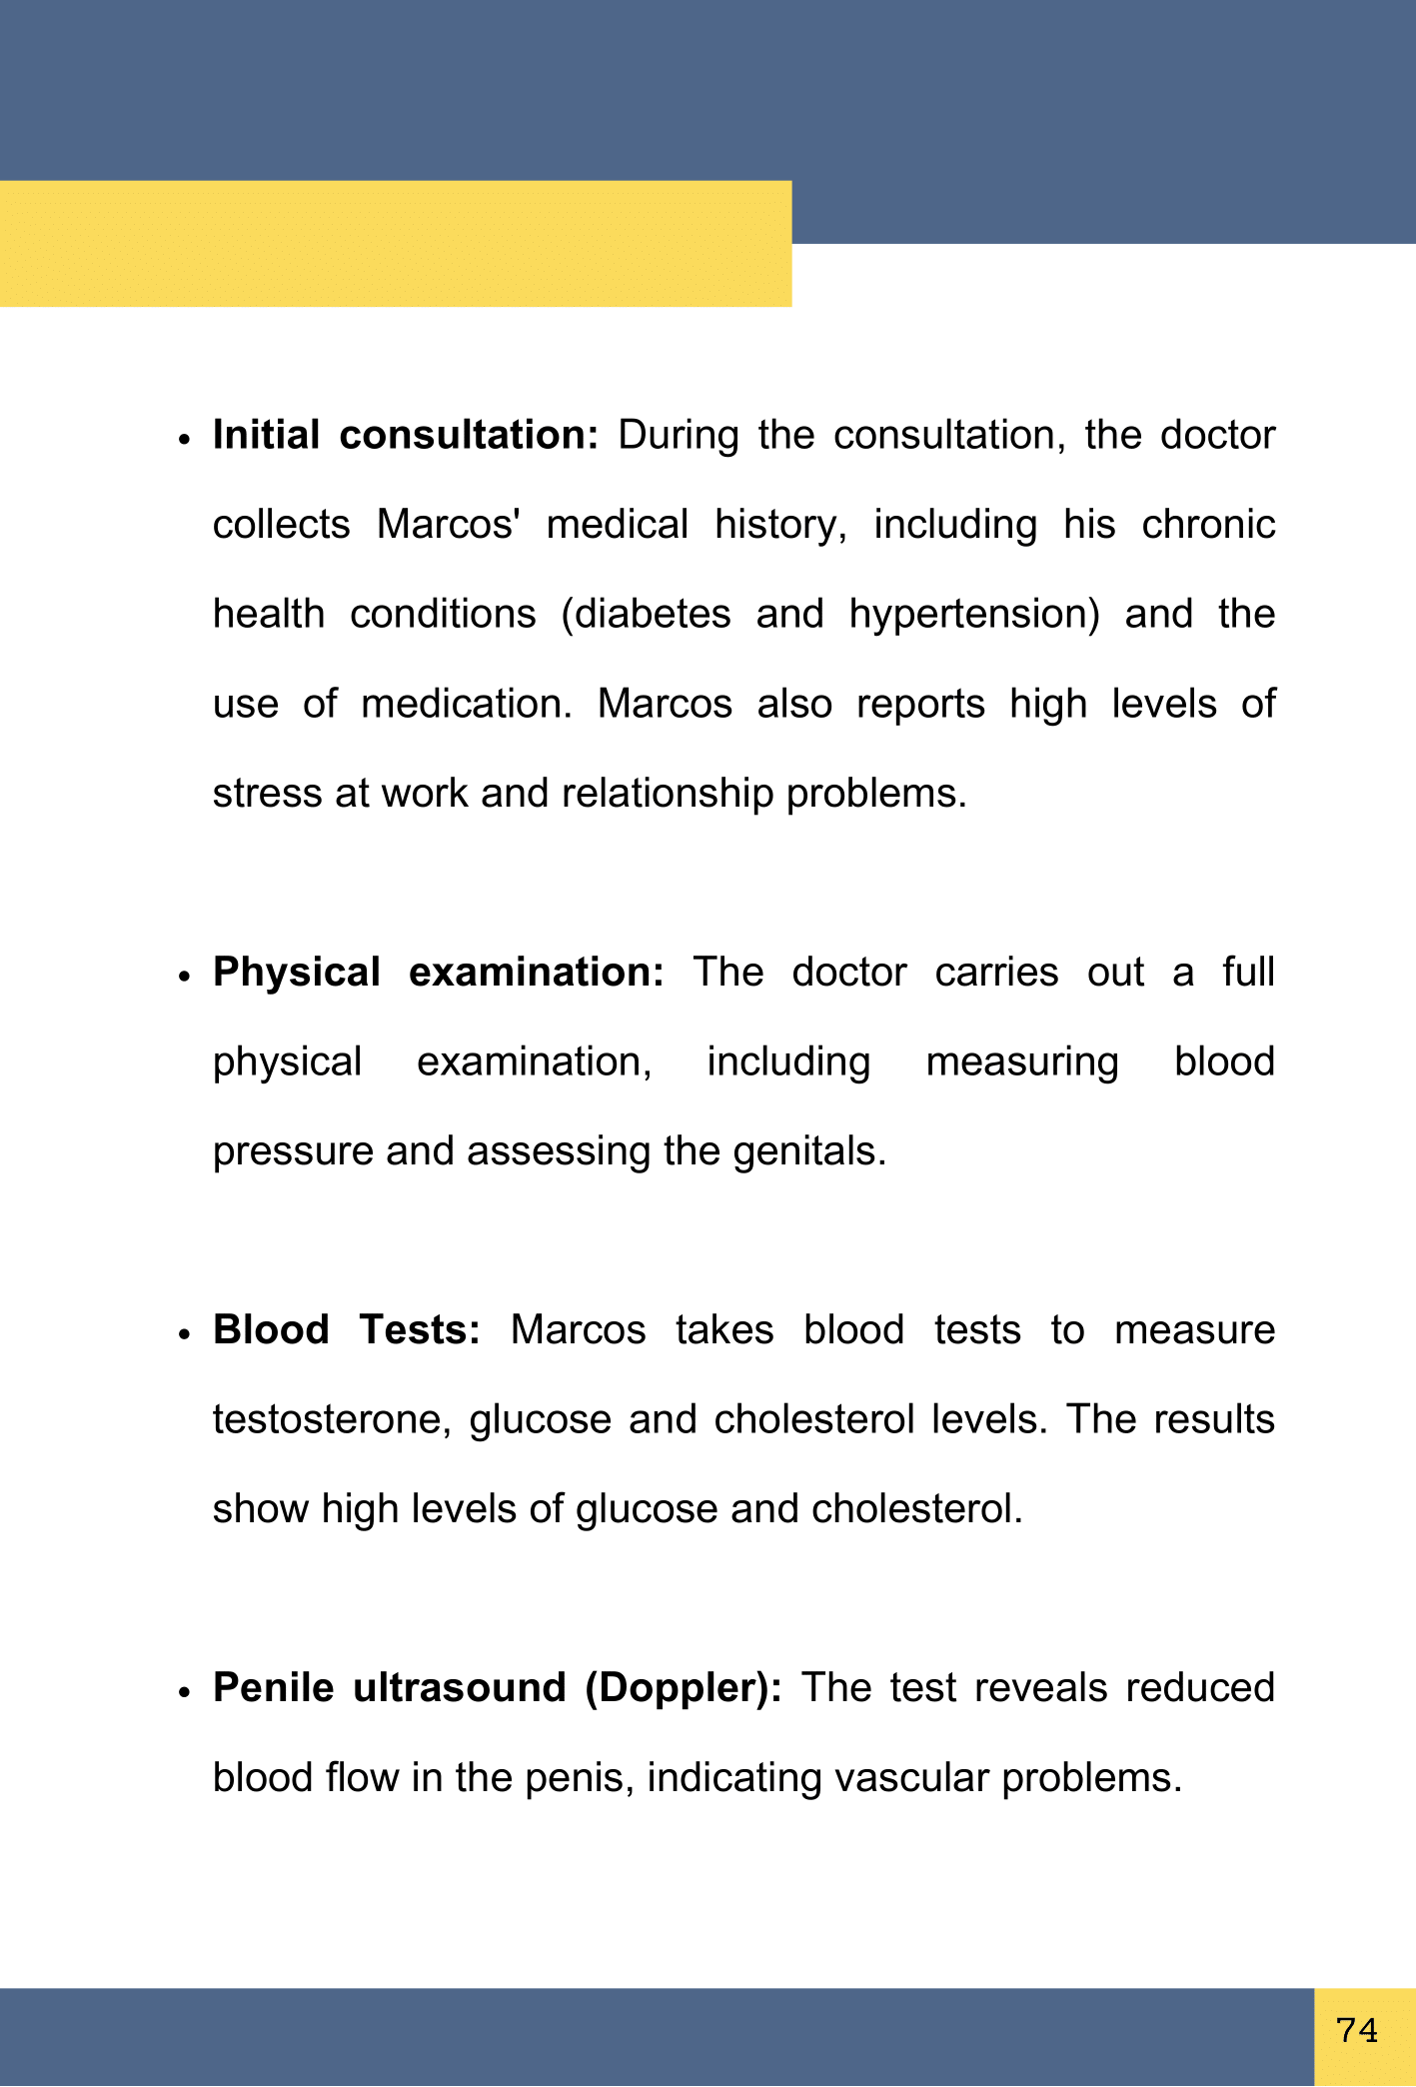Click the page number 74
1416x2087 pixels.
click(x=1357, y=2031)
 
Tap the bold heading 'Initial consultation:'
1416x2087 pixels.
click(x=405, y=436)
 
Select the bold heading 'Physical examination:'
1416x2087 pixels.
click(x=438, y=973)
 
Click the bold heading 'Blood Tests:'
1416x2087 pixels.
click(x=347, y=1330)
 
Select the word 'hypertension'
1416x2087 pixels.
click(x=973, y=615)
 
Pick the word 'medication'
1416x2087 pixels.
click(x=466, y=704)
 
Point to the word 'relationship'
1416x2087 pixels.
click(x=667, y=794)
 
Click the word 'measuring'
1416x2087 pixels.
click(x=1021, y=1062)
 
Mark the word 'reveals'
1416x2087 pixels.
click(x=1040, y=1688)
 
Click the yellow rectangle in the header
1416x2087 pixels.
click(x=396, y=243)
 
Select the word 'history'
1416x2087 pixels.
click(x=780, y=525)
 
